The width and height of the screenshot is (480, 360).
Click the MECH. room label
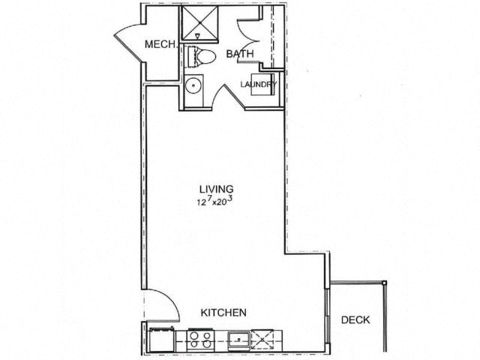point(160,45)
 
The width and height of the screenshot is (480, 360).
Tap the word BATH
point(240,54)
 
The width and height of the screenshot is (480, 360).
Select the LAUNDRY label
point(259,85)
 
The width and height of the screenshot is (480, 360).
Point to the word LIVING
point(216,189)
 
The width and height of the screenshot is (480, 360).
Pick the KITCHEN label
point(223,312)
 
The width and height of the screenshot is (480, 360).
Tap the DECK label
point(355,320)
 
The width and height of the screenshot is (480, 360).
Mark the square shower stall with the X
point(199,22)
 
